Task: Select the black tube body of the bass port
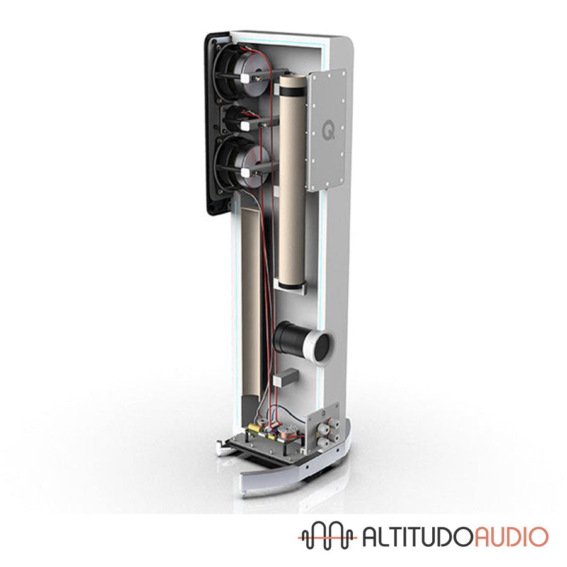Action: pos(290,338)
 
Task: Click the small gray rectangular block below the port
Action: pos(286,377)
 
